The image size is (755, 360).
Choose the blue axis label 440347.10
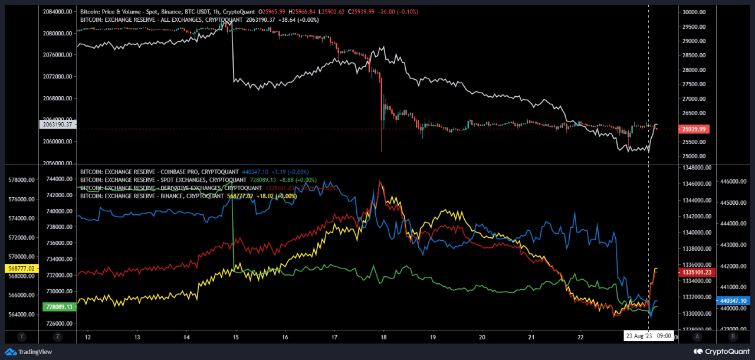pyautogui.click(x=733, y=300)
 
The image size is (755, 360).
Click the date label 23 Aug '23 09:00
pyautogui.click(x=648, y=336)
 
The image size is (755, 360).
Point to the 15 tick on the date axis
pyautogui.click(x=235, y=337)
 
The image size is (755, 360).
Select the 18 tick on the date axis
pyautogui.click(x=383, y=337)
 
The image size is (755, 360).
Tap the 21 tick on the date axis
pyautogui.click(x=531, y=337)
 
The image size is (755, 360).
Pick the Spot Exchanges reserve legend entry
pyautogui.click(x=163, y=180)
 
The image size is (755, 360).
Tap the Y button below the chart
pyautogui.click(x=21, y=337)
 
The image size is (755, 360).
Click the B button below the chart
pyautogui.click(x=733, y=337)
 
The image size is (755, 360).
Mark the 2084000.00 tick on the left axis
pyautogui.click(x=57, y=12)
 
